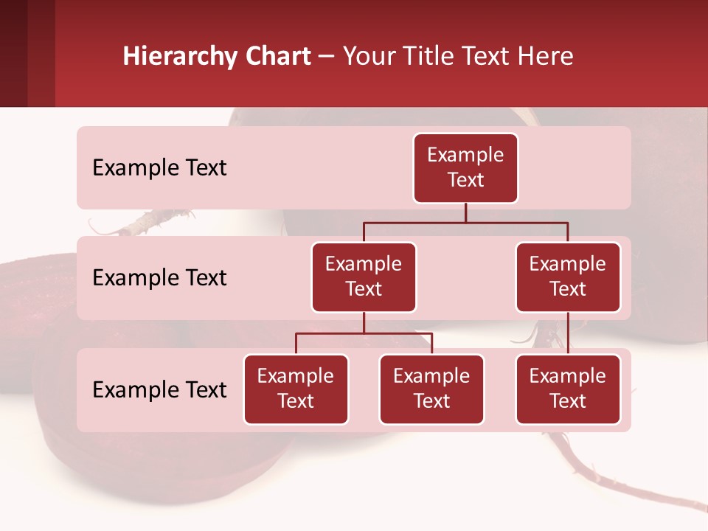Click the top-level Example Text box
click(465, 168)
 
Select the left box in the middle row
click(364, 277)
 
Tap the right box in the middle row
click(568, 277)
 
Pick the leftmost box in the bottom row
click(296, 389)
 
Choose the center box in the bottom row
click(431, 389)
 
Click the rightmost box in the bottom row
click(568, 389)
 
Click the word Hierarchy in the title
click(180, 57)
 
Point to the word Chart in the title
click(277, 57)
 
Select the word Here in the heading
click(545, 57)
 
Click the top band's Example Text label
click(159, 168)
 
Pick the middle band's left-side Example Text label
click(159, 278)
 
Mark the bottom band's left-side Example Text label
click(159, 390)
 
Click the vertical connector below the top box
click(465, 212)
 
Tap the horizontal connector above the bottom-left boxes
click(364, 333)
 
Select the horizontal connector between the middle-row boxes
click(465, 222)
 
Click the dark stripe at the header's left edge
click(13, 53)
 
